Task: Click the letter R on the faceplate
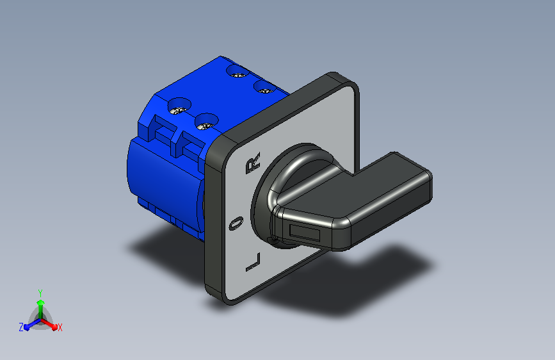(x=253, y=163)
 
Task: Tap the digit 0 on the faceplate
(x=236, y=223)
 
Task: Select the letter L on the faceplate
(x=253, y=263)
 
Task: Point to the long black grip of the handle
(x=386, y=199)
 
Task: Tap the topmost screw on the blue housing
(x=238, y=71)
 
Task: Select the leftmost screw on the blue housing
(x=179, y=106)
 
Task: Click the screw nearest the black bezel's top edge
(x=264, y=87)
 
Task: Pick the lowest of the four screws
(x=206, y=122)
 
